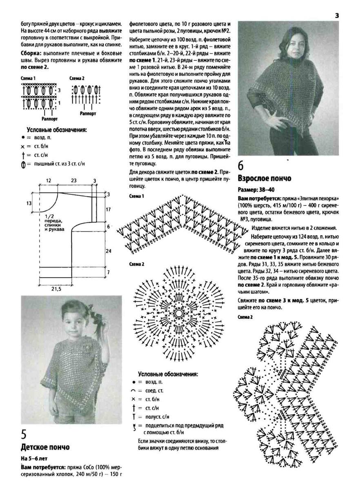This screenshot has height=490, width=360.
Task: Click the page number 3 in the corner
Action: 337,16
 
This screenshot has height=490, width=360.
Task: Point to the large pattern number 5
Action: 24,434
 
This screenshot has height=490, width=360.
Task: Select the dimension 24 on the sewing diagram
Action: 109,251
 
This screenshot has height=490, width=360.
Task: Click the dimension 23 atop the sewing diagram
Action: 74,180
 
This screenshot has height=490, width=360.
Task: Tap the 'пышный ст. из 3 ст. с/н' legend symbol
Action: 24,164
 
